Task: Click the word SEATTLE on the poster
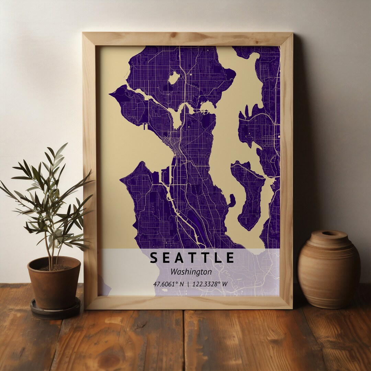(192, 258)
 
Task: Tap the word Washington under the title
(191, 272)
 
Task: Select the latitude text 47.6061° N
(168, 284)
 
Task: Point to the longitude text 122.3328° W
(210, 284)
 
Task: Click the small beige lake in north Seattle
(174, 78)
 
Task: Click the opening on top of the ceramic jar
(329, 233)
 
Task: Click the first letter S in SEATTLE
(154, 258)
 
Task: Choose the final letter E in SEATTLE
(230, 258)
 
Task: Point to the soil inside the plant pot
(55, 267)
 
